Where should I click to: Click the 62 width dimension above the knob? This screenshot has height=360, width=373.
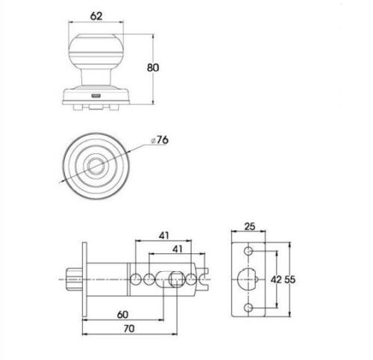(x=96, y=16)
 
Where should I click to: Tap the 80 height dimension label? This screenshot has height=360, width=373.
(x=153, y=68)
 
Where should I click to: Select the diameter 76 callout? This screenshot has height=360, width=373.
(x=160, y=140)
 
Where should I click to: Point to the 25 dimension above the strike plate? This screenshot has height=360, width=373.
(x=250, y=226)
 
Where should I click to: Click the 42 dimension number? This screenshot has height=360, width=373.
(x=276, y=280)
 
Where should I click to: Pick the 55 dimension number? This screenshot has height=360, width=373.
(x=290, y=280)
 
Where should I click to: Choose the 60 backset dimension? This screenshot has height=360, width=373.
(x=122, y=315)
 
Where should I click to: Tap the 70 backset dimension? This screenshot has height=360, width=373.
(x=129, y=329)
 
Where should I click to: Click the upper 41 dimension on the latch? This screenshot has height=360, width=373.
(x=164, y=235)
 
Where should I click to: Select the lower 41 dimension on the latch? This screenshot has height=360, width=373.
(x=178, y=249)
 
